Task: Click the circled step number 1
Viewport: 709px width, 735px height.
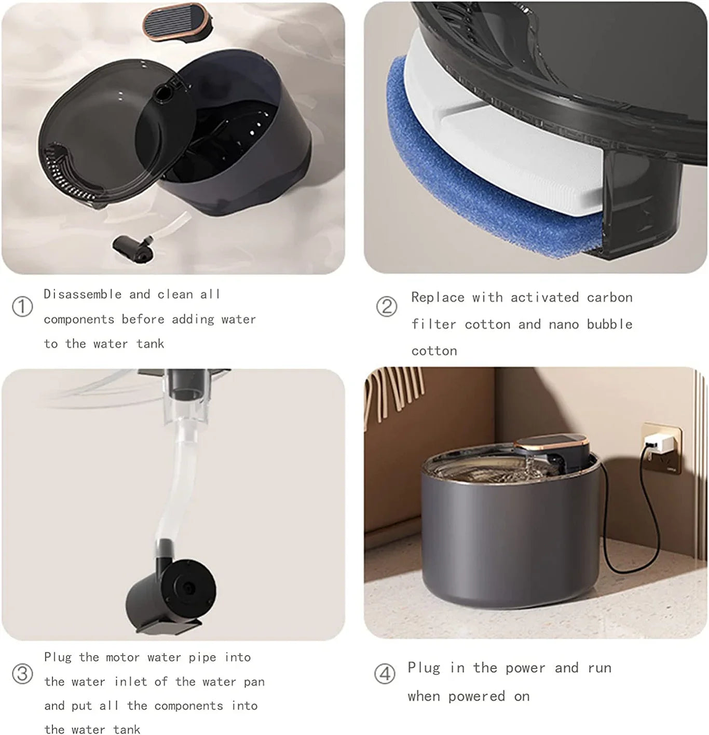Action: tap(22, 306)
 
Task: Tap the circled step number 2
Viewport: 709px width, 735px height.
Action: tap(386, 306)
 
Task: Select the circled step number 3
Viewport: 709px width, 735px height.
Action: tap(22, 674)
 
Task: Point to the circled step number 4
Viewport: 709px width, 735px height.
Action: tap(385, 674)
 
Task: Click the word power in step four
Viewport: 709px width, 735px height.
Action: tap(525, 668)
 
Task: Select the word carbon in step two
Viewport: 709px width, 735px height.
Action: tap(609, 297)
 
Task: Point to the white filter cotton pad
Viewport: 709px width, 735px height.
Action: tap(498, 151)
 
